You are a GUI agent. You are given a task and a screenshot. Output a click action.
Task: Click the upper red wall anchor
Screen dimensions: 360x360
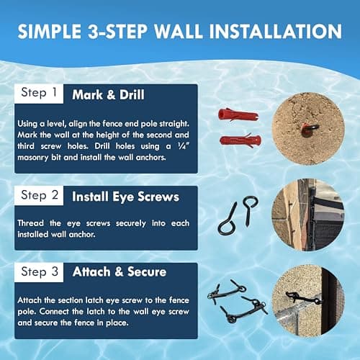coord(236,115)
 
